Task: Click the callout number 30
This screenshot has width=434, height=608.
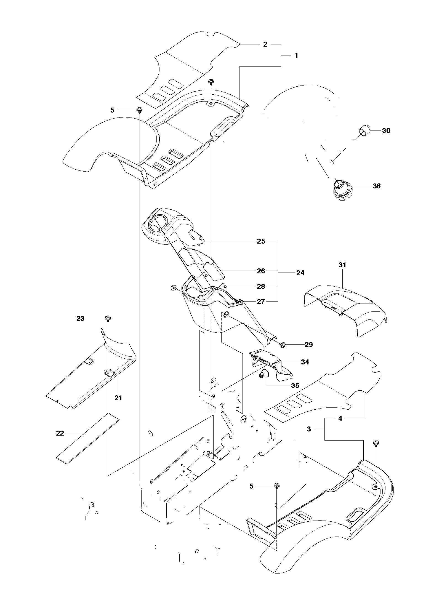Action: click(386, 130)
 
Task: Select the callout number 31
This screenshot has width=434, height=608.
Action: click(342, 265)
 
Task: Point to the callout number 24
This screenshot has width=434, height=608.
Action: click(300, 273)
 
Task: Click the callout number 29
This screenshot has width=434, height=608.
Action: click(308, 345)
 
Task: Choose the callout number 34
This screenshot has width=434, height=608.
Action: click(305, 362)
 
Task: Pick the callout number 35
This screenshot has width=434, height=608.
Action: click(295, 385)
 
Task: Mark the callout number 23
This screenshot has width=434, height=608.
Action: click(80, 318)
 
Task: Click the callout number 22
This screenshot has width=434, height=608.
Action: click(60, 433)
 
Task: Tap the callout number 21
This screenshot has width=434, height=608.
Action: click(118, 398)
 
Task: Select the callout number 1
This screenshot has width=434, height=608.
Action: click(296, 55)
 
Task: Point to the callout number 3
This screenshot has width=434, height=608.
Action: click(309, 429)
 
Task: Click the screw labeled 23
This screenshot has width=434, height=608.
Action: click(108, 319)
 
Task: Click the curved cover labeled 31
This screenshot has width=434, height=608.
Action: click(345, 309)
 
